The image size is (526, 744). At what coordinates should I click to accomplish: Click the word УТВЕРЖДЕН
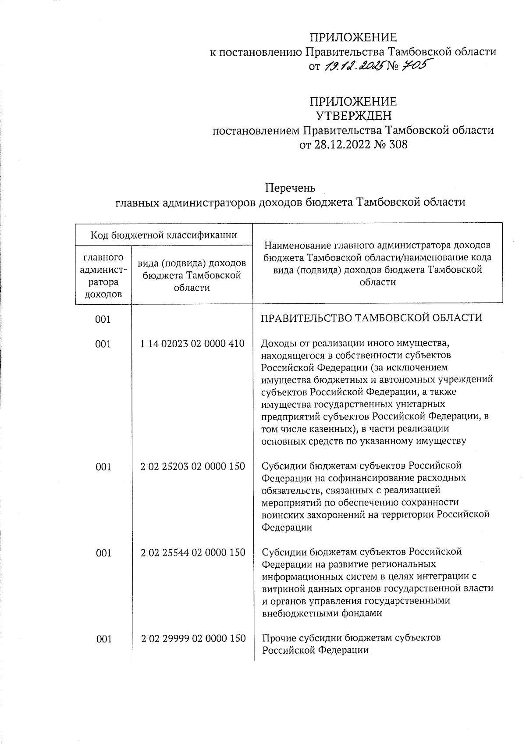[x=353, y=116]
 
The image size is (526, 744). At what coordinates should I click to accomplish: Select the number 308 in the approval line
[x=397, y=144]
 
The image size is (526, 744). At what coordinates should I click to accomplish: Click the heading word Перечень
[x=290, y=188]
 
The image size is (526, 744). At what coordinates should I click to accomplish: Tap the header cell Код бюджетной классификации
[x=163, y=235]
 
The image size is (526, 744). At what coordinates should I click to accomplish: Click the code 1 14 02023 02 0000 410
[x=192, y=344]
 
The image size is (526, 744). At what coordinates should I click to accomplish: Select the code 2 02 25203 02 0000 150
[x=192, y=466]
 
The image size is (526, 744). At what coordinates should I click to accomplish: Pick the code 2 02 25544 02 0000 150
[x=192, y=553]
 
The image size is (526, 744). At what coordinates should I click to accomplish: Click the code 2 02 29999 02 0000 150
[x=193, y=639]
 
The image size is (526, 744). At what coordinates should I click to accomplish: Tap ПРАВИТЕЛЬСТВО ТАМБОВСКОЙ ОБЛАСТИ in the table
[x=371, y=318]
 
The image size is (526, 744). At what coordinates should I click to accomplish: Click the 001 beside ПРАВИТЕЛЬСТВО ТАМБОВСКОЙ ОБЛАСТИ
[x=103, y=320]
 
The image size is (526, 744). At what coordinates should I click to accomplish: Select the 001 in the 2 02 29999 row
[x=103, y=639]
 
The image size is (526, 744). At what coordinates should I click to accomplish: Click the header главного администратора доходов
[x=103, y=275]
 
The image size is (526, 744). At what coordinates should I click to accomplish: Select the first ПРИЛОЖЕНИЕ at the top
[x=353, y=37]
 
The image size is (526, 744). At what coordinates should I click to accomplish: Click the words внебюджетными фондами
[x=322, y=613]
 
